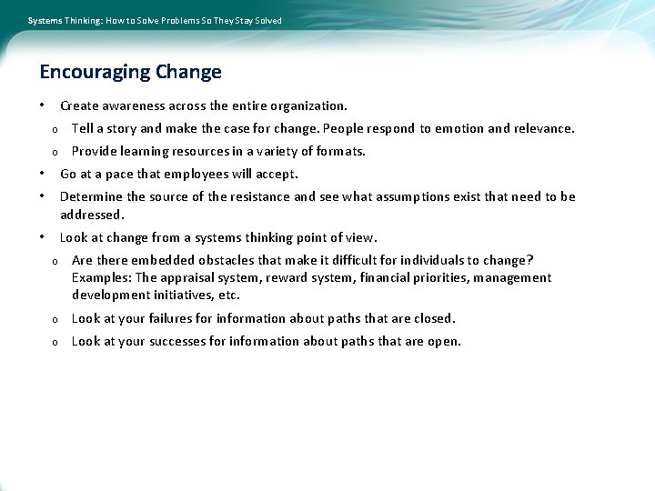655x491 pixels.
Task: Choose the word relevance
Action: click(x=544, y=129)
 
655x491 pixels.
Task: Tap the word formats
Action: click(x=339, y=152)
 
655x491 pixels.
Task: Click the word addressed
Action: click(x=91, y=215)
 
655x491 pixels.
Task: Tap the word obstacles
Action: click(x=219, y=261)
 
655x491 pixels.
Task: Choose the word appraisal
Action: click(x=190, y=278)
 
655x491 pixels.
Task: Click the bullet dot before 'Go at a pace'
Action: click(x=43, y=174)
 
